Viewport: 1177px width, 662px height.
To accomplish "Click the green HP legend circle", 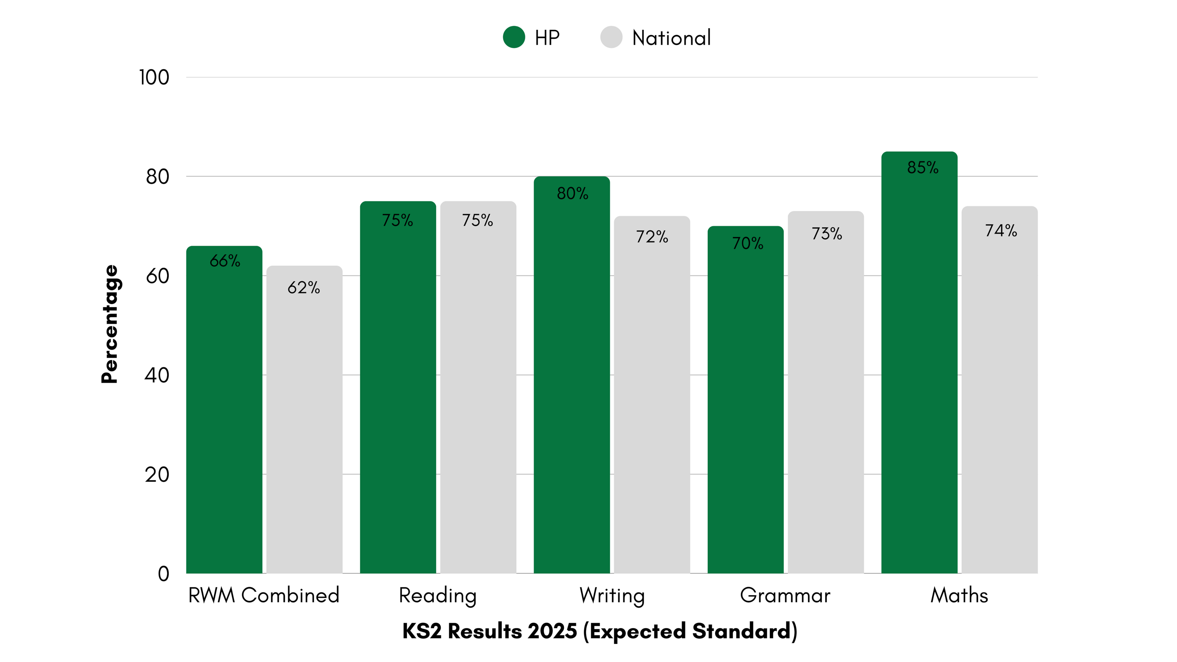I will pos(514,37).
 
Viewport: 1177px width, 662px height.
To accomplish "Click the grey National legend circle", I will pos(611,37).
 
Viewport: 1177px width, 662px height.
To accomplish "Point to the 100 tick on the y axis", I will pos(154,77).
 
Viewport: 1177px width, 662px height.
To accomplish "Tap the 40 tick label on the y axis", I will pos(157,375).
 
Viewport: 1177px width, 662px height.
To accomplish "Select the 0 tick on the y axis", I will pos(163,574).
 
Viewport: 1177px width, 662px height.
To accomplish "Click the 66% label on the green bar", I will pos(225,261).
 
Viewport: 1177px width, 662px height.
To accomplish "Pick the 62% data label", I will pos(304,287).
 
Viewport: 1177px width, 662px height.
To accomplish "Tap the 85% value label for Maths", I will pos(922,168).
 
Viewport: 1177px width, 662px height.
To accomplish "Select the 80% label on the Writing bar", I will pos(572,194).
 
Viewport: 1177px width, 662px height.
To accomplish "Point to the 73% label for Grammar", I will pos(827,234).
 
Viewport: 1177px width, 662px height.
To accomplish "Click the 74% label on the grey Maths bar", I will pos(1000,231).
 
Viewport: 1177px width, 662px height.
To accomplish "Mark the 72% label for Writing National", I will pos(652,237).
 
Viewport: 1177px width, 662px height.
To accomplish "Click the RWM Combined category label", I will pos(264,595).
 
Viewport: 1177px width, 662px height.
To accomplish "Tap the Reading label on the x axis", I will pos(438,596).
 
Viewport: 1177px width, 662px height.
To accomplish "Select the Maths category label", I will pos(959,595).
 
